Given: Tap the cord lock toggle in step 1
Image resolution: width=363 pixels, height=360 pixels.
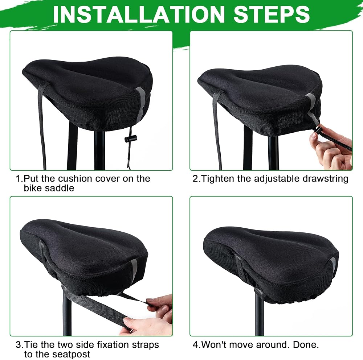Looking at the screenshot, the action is pyautogui.click(x=131, y=139).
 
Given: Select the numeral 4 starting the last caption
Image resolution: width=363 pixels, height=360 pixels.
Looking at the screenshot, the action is pyautogui.click(x=196, y=345).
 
